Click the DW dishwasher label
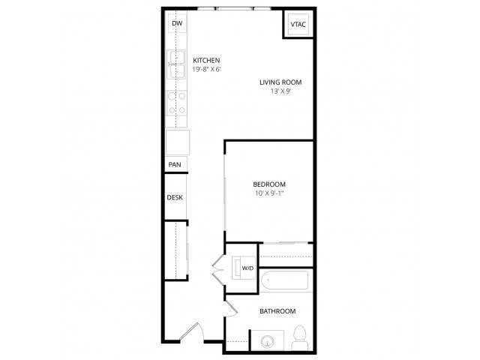tap(177, 23)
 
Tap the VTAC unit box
tap(298, 24)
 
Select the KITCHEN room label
tap(206, 60)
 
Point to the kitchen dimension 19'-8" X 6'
tap(207, 69)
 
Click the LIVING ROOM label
tap(280, 82)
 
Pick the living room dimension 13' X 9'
tap(280, 91)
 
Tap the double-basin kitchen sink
tap(176, 65)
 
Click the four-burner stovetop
tap(177, 103)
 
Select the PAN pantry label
tap(175, 165)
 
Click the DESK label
tap(175, 197)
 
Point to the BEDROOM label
tap(269, 184)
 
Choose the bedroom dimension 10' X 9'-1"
tap(269, 193)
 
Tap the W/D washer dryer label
tap(247, 268)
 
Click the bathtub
tap(284, 280)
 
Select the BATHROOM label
tap(277, 311)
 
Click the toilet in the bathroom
tap(300, 337)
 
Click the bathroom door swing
tap(232, 309)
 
